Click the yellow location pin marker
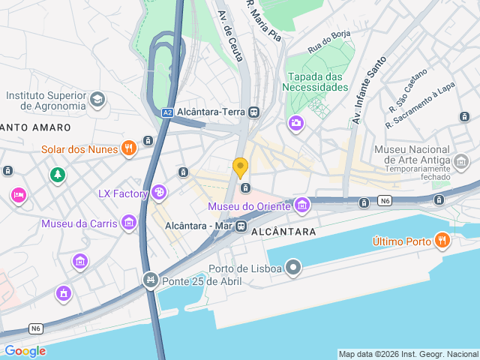tap(240, 168)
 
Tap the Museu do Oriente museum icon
tap(301, 205)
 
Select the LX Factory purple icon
tap(158, 193)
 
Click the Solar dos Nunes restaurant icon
tap(129, 148)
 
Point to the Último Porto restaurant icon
tap(442, 241)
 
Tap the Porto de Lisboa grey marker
tap(294, 268)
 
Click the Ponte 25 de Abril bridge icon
tap(150, 280)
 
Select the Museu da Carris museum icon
tap(129, 223)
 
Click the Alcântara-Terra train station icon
tap(254, 112)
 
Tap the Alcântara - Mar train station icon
tap(241, 225)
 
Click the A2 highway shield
tap(168, 113)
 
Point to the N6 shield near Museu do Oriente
tap(385, 200)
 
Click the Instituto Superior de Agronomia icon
tap(97, 99)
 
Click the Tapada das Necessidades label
tap(319, 82)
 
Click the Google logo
tap(25, 351)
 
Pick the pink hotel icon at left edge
tap(18, 195)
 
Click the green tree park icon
tap(57, 175)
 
